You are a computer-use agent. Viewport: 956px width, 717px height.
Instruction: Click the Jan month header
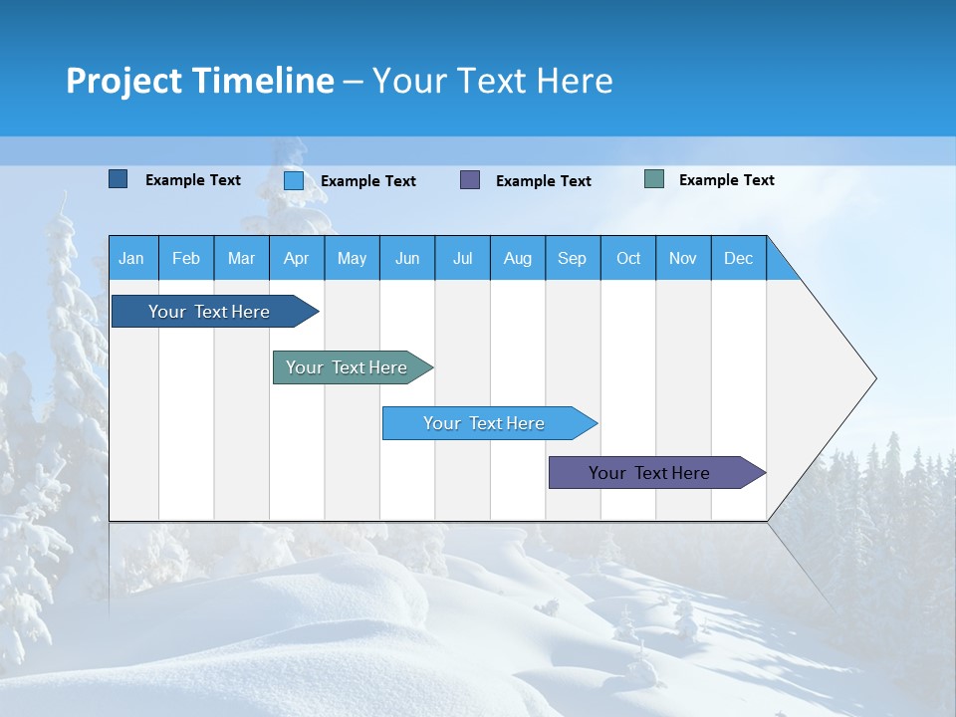pyautogui.click(x=131, y=258)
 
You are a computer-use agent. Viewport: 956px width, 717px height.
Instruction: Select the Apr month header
pyautogui.click(x=296, y=258)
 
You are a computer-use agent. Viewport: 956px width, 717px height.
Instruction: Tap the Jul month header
pyautogui.click(x=462, y=258)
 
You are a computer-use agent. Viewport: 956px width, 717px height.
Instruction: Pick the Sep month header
pyautogui.click(x=572, y=258)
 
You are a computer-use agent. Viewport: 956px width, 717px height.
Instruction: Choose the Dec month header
pyautogui.click(x=738, y=258)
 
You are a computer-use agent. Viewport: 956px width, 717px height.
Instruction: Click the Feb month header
pyautogui.click(x=186, y=258)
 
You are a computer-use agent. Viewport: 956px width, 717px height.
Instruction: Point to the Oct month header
pyautogui.click(x=628, y=258)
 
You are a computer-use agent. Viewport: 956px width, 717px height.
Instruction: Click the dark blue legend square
pyautogui.click(x=118, y=179)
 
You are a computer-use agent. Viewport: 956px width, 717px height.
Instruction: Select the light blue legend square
pyautogui.click(x=294, y=180)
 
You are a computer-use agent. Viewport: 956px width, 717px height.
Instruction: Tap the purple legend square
pyautogui.click(x=470, y=180)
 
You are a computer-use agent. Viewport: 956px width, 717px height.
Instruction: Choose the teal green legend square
pyautogui.click(x=654, y=179)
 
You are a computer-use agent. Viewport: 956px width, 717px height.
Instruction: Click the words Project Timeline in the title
pyautogui.click(x=200, y=81)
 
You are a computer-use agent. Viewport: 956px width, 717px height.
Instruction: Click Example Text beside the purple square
pyautogui.click(x=543, y=181)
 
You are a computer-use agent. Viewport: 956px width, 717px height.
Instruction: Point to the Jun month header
pyautogui.click(x=407, y=258)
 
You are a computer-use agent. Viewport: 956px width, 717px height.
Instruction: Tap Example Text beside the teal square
pyautogui.click(x=726, y=180)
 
